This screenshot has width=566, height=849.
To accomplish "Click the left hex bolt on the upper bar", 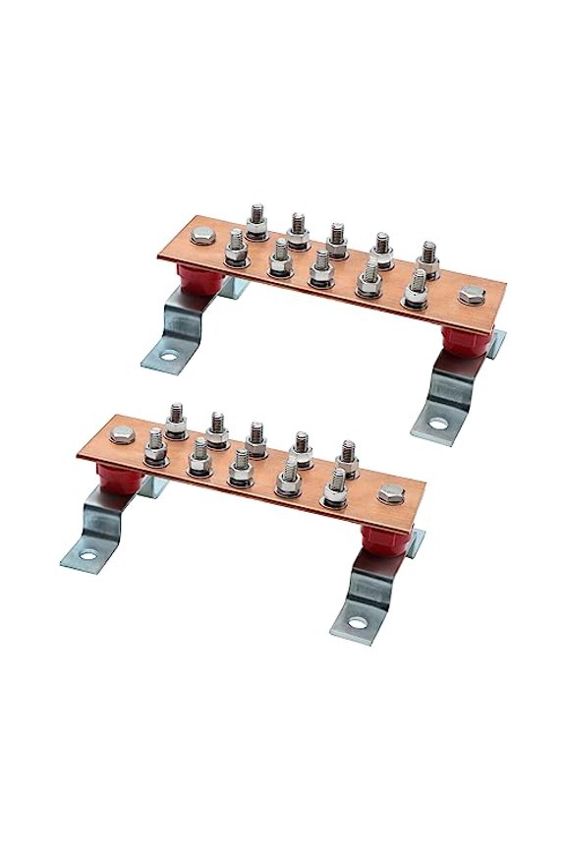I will click(200, 237).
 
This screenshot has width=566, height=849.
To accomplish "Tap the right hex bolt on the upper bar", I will click(471, 294).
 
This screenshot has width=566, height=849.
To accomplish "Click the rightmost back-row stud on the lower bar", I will click(348, 458).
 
